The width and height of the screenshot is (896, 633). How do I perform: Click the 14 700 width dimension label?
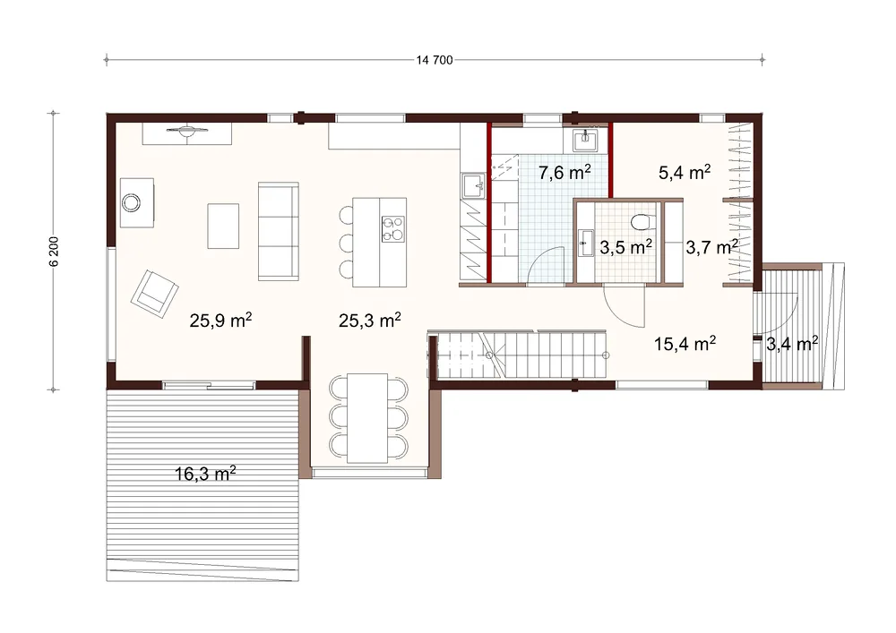pos(435,60)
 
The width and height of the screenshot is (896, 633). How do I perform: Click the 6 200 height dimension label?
pos(54,252)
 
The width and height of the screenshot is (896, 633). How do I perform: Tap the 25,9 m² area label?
pos(220,321)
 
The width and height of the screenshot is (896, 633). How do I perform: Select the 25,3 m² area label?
pos(370,321)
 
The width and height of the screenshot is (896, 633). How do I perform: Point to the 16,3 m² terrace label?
pos(205,473)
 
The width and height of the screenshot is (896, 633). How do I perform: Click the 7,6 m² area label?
pos(564,172)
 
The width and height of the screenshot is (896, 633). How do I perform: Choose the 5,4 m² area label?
pos(685,172)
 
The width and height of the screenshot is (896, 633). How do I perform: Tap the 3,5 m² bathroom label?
pos(625,247)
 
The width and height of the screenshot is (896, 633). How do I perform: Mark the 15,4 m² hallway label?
pos(685,344)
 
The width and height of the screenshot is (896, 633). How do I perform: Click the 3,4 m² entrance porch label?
pos(792,344)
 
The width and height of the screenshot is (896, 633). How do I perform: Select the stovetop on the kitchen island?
pos(393,229)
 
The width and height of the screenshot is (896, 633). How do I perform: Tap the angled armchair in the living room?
pos(154,294)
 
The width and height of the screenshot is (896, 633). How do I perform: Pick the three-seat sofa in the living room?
pos(279,231)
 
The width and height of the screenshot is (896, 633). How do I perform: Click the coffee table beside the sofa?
pos(223,226)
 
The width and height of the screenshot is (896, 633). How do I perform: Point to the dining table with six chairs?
pos(367,418)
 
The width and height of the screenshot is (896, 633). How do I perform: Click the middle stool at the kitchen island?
pos(346,243)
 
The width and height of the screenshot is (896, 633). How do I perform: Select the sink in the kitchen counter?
pos(474,186)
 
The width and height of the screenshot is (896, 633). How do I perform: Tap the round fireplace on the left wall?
pos(132,202)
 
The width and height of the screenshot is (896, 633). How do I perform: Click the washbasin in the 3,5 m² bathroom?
pos(585,244)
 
